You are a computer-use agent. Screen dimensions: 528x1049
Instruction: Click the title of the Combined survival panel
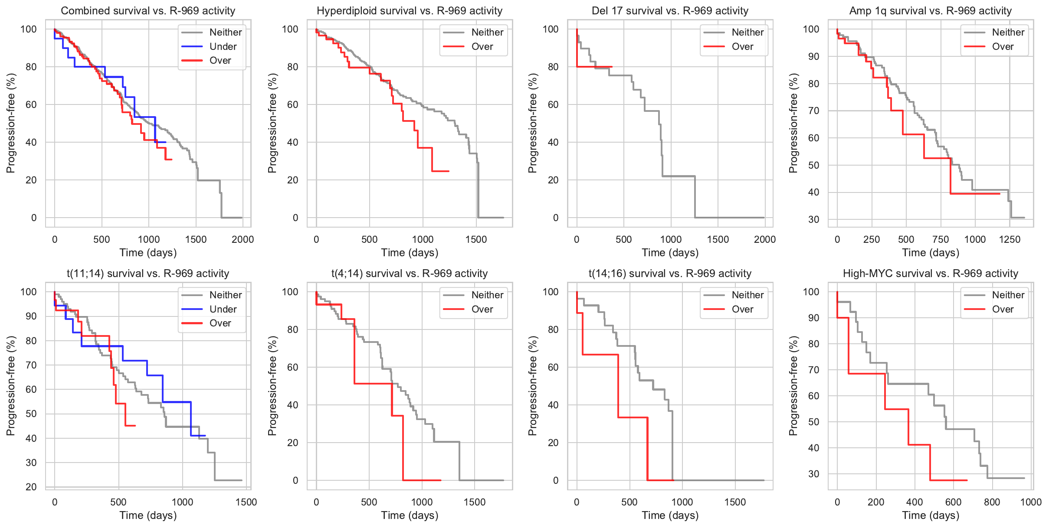(148, 11)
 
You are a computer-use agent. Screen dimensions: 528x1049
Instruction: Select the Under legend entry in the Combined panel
(223, 46)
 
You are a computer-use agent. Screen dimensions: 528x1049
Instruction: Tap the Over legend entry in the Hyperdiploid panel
(482, 46)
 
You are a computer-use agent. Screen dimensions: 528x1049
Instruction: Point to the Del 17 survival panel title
(670, 11)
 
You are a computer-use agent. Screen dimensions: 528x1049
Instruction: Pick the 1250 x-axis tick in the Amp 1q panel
(1010, 239)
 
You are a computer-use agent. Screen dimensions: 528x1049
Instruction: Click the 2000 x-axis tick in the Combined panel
(243, 239)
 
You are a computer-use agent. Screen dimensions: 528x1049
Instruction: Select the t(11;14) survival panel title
(148, 274)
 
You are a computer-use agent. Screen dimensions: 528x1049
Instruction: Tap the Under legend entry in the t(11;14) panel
(223, 309)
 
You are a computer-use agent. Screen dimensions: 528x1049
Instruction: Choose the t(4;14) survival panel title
(410, 274)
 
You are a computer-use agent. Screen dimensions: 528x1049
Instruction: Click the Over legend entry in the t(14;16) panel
(742, 309)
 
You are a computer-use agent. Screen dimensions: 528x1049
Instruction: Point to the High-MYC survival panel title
(930, 274)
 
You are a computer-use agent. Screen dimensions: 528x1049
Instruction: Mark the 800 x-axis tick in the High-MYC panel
(992, 502)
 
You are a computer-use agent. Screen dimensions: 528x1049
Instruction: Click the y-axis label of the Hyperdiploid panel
(272, 123)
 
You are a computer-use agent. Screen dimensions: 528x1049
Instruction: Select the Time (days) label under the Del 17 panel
(670, 252)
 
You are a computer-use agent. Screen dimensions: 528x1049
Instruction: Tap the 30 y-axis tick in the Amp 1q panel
(813, 220)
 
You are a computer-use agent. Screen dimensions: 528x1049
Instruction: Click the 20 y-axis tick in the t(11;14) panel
(31, 487)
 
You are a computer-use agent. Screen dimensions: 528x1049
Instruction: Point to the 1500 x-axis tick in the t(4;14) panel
(475, 502)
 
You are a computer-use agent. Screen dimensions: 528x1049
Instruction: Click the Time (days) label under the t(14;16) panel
(670, 515)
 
